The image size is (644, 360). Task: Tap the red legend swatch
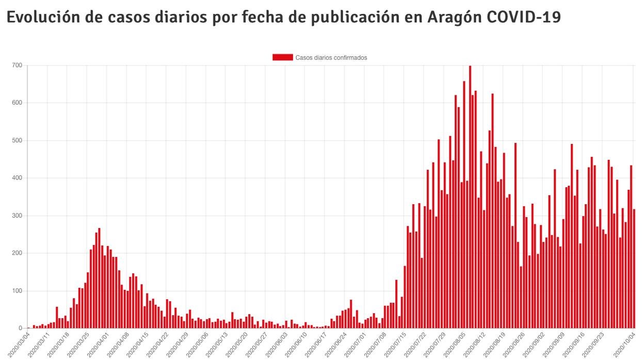click(282, 57)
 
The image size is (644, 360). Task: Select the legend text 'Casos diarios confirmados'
click(331, 58)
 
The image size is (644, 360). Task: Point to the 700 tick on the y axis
click(18, 66)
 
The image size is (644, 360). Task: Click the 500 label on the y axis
click(18, 141)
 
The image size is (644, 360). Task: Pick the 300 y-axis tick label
click(18, 216)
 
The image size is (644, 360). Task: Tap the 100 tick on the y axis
click(18, 291)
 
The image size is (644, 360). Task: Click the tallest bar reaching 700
click(470, 196)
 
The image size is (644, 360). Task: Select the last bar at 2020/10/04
click(634, 268)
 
